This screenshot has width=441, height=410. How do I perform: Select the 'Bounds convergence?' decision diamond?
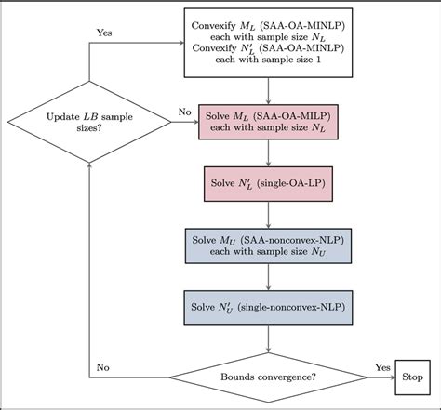click(268, 377)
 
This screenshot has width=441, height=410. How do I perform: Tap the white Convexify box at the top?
click(268, 47)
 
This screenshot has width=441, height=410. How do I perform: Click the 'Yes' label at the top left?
click(105, 32)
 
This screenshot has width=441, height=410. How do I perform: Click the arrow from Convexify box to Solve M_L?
click(268, 91)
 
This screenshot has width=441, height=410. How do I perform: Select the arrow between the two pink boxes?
click(268, 153)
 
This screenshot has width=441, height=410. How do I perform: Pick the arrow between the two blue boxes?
click(268, 275)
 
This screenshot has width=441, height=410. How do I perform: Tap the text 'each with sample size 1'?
click(268, 70)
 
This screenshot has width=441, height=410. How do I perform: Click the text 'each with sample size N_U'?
click(268, 252)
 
